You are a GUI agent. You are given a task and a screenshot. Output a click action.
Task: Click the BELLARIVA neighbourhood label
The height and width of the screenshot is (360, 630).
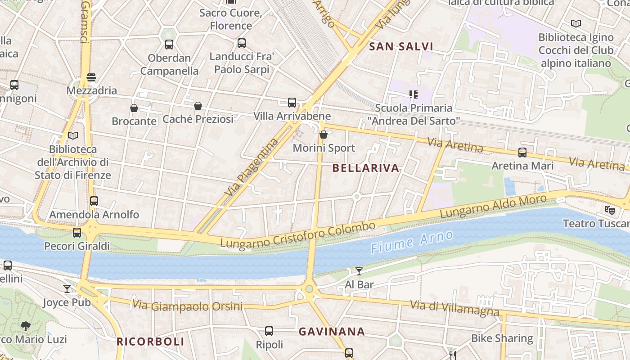click(365, 168)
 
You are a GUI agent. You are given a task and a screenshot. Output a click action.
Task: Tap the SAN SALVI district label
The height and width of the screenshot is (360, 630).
click(401, 46)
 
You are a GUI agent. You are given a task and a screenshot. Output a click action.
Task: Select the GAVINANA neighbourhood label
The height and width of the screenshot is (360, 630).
click(332, 332)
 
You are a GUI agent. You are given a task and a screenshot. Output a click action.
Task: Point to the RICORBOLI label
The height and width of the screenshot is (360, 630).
click(150, 342)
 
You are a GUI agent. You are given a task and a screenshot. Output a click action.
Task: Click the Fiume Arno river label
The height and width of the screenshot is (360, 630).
click(411, 242)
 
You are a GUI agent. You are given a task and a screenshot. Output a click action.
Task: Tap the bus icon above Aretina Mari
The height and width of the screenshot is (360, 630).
click(522, 153)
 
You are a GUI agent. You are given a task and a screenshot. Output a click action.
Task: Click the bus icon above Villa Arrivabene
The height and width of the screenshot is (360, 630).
click(292, 103)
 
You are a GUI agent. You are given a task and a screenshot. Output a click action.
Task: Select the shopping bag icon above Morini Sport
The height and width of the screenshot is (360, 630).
click(323, 135)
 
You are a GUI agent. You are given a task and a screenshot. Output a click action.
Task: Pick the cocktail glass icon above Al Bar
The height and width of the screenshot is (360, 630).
click(359, 271)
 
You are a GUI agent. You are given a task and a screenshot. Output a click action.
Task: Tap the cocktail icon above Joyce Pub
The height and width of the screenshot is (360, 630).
click(67, 288)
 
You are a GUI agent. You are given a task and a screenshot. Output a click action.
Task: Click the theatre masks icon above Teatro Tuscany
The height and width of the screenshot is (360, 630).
click(609, 210)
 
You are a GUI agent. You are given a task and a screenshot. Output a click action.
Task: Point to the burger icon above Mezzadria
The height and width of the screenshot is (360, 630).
click(91, 77)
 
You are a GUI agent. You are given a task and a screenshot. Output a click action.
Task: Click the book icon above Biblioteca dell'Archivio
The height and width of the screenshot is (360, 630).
click(72, 135)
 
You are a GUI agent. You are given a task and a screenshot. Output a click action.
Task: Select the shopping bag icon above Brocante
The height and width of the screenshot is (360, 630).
click(134, 108)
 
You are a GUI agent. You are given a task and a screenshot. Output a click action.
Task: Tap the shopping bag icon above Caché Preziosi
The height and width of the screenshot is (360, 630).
click(198, 106)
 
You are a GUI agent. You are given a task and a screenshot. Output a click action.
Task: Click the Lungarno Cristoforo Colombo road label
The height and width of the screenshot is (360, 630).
click(297, 235)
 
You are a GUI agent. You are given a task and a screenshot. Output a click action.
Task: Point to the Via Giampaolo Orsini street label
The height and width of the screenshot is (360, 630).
click(187, 306)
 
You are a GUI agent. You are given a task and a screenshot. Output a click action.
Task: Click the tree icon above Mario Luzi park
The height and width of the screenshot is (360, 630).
click(26, 326)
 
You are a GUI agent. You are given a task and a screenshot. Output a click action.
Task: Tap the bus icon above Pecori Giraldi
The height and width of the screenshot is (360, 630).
click(77, 233)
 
